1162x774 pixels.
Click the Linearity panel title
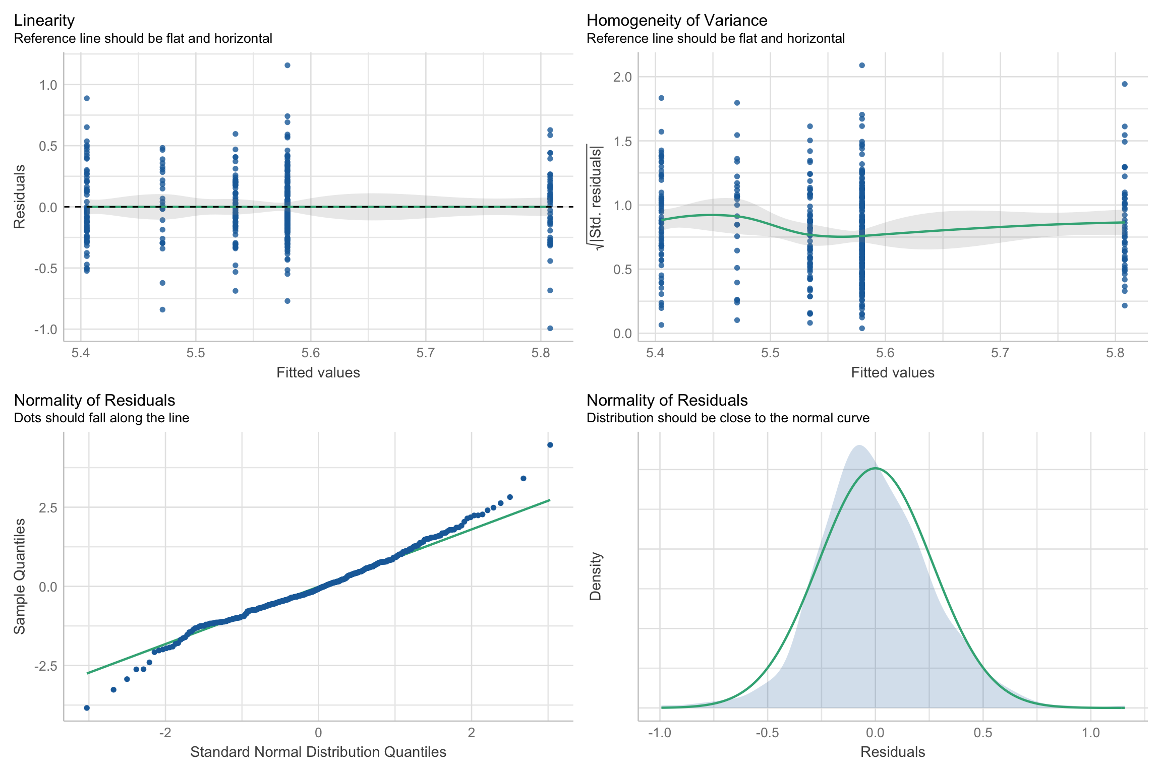(x=44, y=20)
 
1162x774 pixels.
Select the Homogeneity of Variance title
(x=676, y=20)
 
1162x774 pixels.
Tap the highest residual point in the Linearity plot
(x=287, y=65)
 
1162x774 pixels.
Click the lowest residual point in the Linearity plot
(x=550, y=329)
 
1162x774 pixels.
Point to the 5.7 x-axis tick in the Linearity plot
(x=426, y=353)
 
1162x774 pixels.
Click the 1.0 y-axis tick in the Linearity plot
(x=48, y=85)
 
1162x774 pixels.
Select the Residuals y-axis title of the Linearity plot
(x=19, y=197)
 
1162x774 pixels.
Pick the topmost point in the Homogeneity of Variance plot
(x=862, y=65)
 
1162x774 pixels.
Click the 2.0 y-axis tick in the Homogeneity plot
(x=622, y=77)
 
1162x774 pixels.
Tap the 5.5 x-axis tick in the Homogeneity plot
(x=770, y=353)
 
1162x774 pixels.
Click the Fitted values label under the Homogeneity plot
(x=892, y=373)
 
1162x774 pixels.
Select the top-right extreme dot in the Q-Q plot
(x=550, y=445)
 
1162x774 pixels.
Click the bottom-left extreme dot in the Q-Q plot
(x=87, y=708)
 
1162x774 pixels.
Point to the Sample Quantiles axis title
(x=19, y=576)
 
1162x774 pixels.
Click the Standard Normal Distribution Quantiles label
(x=318, y=752)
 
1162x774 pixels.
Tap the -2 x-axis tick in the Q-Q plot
(x=165, y=733)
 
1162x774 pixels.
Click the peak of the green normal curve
(x=876, y=468)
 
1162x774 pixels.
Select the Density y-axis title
(x=596, y=576)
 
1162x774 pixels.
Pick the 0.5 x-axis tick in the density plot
(x=983, y=733)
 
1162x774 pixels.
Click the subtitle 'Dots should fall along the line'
(x=101, y=418)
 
